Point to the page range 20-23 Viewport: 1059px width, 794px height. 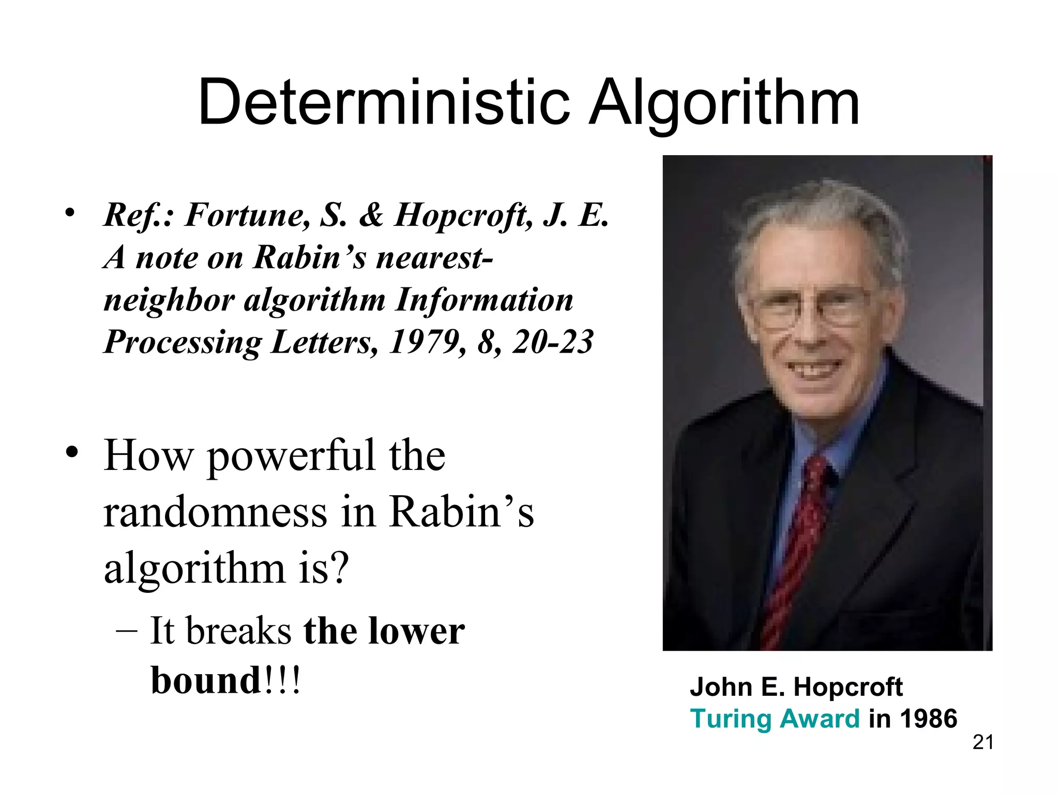552,342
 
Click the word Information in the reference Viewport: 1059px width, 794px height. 484,300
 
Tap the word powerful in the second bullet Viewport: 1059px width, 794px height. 291,456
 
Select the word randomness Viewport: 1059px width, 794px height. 215,512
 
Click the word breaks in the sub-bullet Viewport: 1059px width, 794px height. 239,632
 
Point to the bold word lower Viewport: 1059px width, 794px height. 416,632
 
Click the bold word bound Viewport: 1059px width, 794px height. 206,680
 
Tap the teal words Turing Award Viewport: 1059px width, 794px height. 775,719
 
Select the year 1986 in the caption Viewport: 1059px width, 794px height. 928,719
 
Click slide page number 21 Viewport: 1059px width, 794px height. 983,742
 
